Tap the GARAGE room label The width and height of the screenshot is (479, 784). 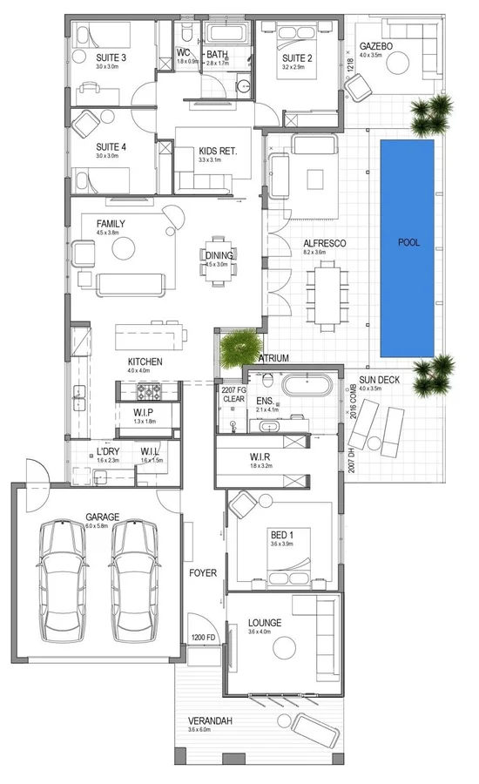103,517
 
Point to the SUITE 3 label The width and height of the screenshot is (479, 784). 111,58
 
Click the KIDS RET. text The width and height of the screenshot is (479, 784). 218,151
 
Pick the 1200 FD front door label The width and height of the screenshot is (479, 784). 202,639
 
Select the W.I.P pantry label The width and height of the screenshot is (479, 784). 144,411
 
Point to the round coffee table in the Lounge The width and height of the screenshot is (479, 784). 282,646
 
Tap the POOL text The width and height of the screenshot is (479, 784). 408,243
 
